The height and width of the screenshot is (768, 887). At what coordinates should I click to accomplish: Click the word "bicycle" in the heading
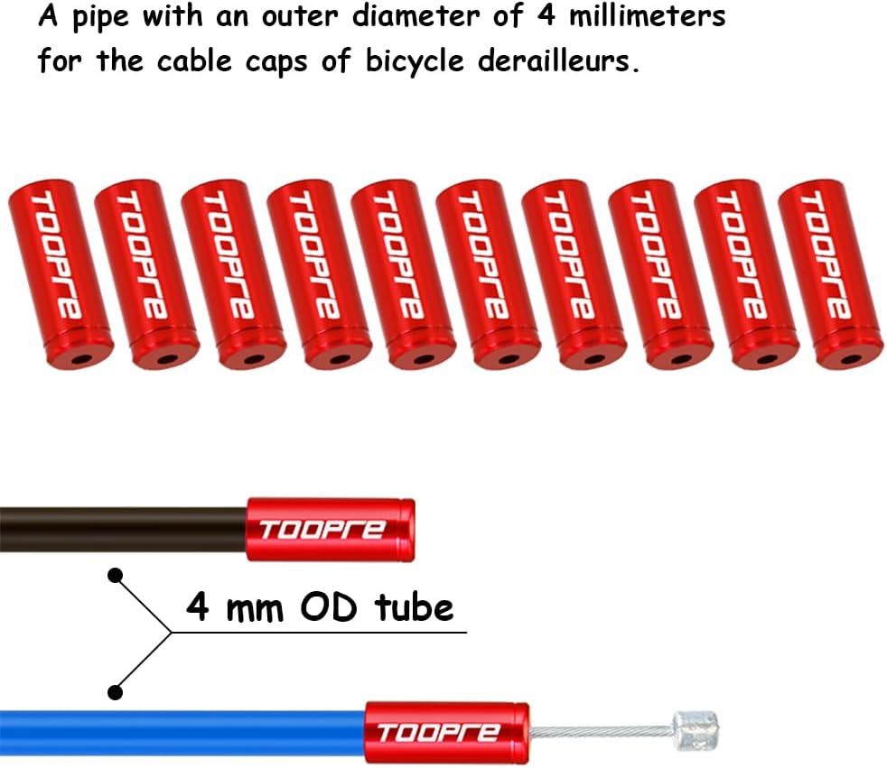(415, 61)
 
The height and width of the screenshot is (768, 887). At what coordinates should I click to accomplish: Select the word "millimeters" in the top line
(647, 15)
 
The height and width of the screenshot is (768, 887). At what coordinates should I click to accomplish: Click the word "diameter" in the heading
(415, 15)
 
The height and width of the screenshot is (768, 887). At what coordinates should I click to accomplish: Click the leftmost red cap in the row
(60, 274)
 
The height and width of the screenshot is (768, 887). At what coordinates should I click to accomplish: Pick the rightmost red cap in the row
(830, 274)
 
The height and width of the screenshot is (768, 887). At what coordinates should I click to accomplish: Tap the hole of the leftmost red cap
(80, 359)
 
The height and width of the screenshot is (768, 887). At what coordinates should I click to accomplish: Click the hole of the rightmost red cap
(851, 359)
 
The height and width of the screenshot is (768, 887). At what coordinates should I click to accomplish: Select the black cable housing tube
(124, 530)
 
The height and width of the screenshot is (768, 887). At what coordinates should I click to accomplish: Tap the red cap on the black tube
(331, 530)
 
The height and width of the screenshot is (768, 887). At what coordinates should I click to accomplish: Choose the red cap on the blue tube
(447, 733)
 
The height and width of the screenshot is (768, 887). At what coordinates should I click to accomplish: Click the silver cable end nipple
(696, 731)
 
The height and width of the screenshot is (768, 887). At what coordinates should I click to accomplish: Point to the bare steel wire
(602, 732)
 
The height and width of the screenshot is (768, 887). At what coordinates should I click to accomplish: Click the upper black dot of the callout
(116, 576)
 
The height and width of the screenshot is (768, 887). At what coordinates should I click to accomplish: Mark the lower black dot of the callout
(116, 691)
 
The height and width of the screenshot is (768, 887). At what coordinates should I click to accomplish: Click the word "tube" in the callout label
(414, 606)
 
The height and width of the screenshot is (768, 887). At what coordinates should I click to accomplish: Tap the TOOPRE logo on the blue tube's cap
(437, 733)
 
